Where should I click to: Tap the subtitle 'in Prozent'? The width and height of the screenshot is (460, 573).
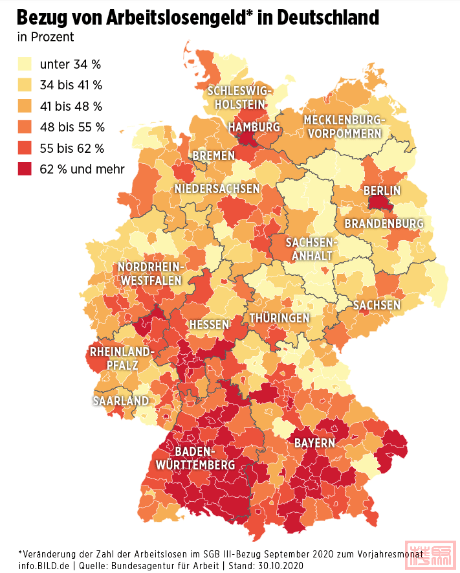coord(45,38)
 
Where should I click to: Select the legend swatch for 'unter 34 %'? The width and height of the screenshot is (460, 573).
coord(25,64)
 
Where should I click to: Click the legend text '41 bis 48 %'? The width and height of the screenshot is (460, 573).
coord(71,106)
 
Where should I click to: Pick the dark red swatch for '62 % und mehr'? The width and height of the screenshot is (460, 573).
coord(25,169)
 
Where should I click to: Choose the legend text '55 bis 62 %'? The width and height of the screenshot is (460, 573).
coord(72,148)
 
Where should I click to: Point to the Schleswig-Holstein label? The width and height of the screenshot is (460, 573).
coord(239,97)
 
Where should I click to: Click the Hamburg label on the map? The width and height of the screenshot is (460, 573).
coord(254,127)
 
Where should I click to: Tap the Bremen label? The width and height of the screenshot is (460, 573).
coord(214,156)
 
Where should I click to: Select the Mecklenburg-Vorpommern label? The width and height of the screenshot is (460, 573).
coord(344,127)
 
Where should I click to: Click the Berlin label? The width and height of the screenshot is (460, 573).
coord(382,190)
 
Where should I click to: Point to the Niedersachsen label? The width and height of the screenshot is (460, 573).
coord(217,188)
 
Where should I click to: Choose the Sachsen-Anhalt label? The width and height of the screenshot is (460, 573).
coord(311,249)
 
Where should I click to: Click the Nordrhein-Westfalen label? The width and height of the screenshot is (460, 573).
coord(151,275)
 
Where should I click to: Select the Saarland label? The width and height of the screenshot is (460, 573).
coord(120,401)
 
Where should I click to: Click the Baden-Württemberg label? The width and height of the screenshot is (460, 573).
coord(194,458)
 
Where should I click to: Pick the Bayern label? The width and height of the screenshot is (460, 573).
coord(314,444)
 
